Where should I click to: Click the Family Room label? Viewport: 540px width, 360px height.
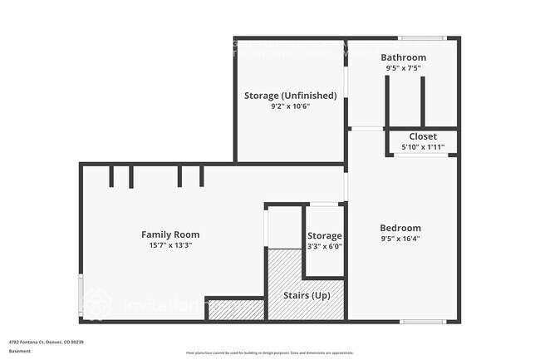coord(170,234)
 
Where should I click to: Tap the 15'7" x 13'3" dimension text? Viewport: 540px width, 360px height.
coord(170,245)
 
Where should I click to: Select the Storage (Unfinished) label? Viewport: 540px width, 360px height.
coord(290,96)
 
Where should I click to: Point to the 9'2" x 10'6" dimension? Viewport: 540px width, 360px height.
coord(290,106)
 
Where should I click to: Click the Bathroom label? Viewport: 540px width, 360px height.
coord(404,57)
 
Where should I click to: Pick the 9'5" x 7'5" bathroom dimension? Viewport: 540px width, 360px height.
coord(404,68)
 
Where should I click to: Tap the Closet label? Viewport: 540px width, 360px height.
coord(423,136)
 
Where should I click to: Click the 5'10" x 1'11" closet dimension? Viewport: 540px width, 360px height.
coord(423,147)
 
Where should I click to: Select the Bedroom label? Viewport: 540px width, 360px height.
coord(400,228)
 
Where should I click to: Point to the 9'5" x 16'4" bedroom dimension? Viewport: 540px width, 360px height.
coord(400,239)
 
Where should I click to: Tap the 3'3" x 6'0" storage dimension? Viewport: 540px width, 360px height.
coord(325,246)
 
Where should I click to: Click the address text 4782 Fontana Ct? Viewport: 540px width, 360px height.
coord(47,342)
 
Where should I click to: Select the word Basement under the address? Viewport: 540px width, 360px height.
coord(19,351)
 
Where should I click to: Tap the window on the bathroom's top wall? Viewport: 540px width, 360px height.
coord(422,38)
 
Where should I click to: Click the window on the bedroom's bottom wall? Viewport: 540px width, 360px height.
coord(422,321)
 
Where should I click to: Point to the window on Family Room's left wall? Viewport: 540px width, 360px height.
coord(81,295)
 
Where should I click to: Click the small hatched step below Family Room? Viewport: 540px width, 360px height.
coord(235,311)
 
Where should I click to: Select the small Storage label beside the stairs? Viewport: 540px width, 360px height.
coord(325,236)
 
